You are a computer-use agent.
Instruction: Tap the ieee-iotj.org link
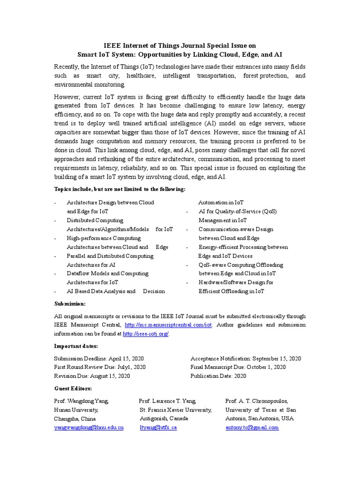tap(146, 334)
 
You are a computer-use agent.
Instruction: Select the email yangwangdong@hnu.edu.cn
tap(89, 427)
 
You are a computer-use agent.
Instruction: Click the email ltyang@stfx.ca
tap(158, 427)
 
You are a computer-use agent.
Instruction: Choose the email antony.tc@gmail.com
tap(252, 427)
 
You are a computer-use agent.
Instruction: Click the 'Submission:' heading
tap(70, 304)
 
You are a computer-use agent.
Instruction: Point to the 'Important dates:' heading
tap(76, 346)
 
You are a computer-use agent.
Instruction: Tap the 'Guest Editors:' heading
tap(73, 389)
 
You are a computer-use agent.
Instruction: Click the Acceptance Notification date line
tap(246, 359)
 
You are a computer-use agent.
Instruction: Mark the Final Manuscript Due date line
tap(238, 367)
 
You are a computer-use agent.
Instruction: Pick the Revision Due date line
tap(92, 376)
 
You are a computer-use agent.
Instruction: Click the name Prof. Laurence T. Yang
tap(167, 401)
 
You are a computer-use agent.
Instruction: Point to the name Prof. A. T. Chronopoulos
tap(256, 401)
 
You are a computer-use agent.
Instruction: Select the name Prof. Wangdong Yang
tap(82, 401)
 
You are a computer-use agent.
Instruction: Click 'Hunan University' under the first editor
tap(76, 410)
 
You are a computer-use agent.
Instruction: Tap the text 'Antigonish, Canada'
tap(164, 418)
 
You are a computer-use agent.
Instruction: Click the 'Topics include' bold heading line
tap(120, 189)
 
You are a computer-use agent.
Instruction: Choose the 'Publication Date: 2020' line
tap(218, 376)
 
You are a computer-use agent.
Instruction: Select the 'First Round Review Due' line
tap(100, 367)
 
